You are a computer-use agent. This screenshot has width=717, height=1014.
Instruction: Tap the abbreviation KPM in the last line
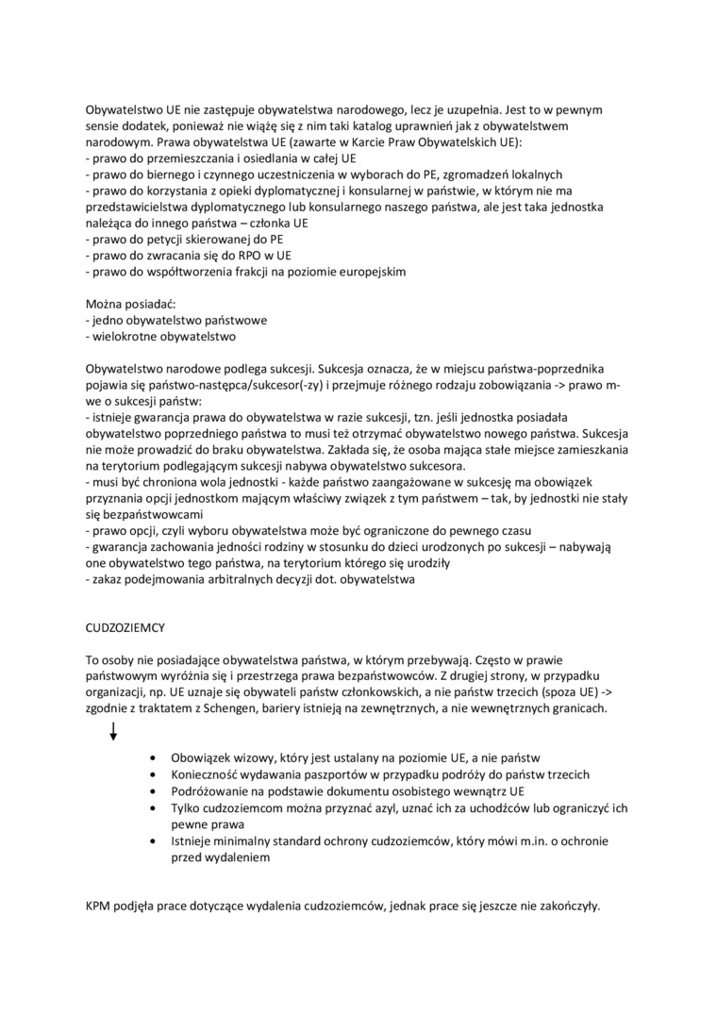pos(99,906)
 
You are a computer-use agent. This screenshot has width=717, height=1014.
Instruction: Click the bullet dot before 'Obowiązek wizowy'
pos(155,757)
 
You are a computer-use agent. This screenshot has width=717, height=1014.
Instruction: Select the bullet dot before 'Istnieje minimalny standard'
pos(155,842)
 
